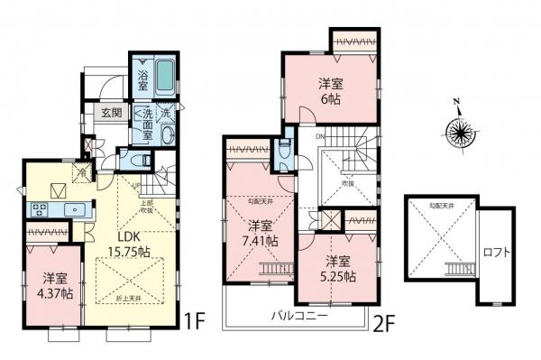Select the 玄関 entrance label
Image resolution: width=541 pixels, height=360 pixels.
pyautogui.click(x=111, y=114)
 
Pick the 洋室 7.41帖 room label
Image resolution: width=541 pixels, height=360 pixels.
pyautogui.click(x=261, y=233)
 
